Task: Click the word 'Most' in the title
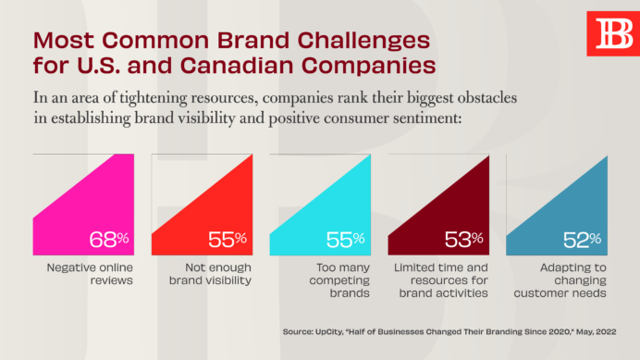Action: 63,41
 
